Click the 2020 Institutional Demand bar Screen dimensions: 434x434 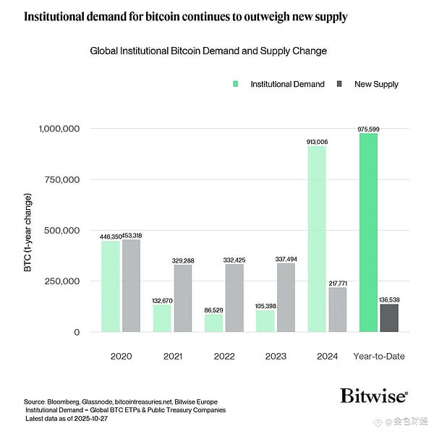point(111,286)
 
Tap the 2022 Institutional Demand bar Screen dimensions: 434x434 point(213,323)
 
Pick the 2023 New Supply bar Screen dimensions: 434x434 point(286,297)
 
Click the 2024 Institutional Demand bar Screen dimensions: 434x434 point(316,239)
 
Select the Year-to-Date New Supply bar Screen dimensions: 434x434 point(388,318)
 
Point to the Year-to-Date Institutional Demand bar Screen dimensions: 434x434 point(368,232)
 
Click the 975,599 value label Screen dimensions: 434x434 point(368,129)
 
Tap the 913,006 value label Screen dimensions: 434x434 point(317,142)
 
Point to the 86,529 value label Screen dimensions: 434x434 point(213,310)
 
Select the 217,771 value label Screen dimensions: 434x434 point(338,283)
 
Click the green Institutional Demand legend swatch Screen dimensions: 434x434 point(236,84)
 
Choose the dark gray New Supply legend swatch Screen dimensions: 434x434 point(339,84)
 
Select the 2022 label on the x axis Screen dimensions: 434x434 point(224,356)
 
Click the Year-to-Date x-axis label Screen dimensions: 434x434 point(378,356)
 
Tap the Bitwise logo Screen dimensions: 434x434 point(373,396)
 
